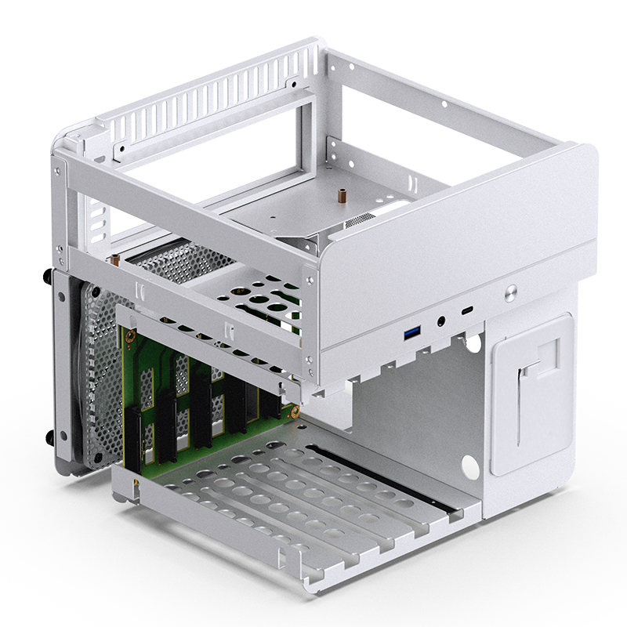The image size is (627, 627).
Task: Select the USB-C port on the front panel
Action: (468, 311)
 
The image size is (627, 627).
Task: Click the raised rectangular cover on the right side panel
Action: (531, 392)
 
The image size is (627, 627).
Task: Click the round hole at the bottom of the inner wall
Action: (469, 465)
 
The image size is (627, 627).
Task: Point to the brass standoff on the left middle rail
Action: (115, 258)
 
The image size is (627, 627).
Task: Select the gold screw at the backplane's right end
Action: (295, 408)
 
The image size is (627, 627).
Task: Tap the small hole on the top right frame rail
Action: (444, 103)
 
